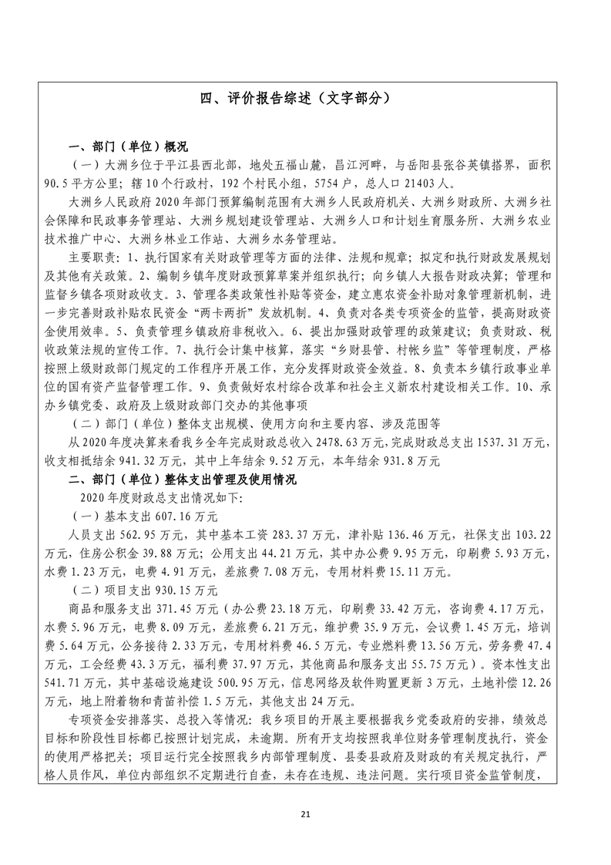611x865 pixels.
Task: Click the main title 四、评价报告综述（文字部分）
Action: tap(306, 99)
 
